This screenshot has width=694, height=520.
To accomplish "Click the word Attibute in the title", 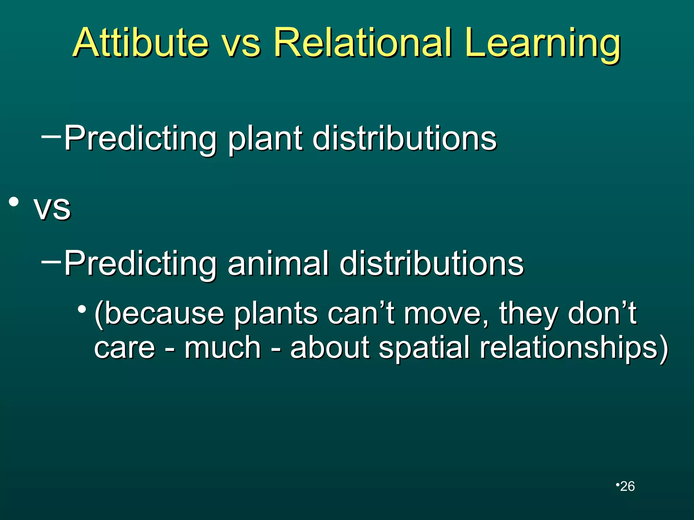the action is pos(141,43).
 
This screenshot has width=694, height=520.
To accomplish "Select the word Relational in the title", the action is pos(363,43).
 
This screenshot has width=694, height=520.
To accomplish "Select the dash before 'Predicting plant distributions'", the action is pos(51,137).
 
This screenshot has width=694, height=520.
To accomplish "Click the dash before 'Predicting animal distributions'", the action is pos(51,262).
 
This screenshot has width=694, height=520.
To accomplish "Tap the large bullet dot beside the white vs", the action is pos(14,202).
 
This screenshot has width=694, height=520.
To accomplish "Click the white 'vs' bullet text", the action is pos(53,208).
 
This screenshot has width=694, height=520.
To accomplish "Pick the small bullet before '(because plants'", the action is pos(82,309).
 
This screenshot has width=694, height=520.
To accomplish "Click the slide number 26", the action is pos(627,486).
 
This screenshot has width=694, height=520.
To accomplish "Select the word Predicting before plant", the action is pos(141,139).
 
